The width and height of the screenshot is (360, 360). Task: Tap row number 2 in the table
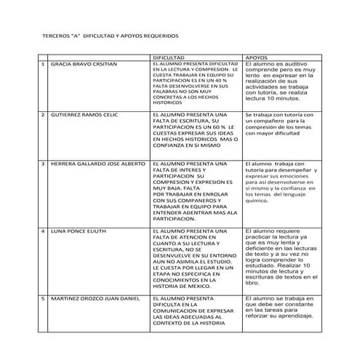(x=43, y=115)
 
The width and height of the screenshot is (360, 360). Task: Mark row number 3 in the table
(x=43, y=164)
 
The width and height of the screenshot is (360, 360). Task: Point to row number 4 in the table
(x=43, y=231)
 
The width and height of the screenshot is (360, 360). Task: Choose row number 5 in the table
(x=43, y=298)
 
